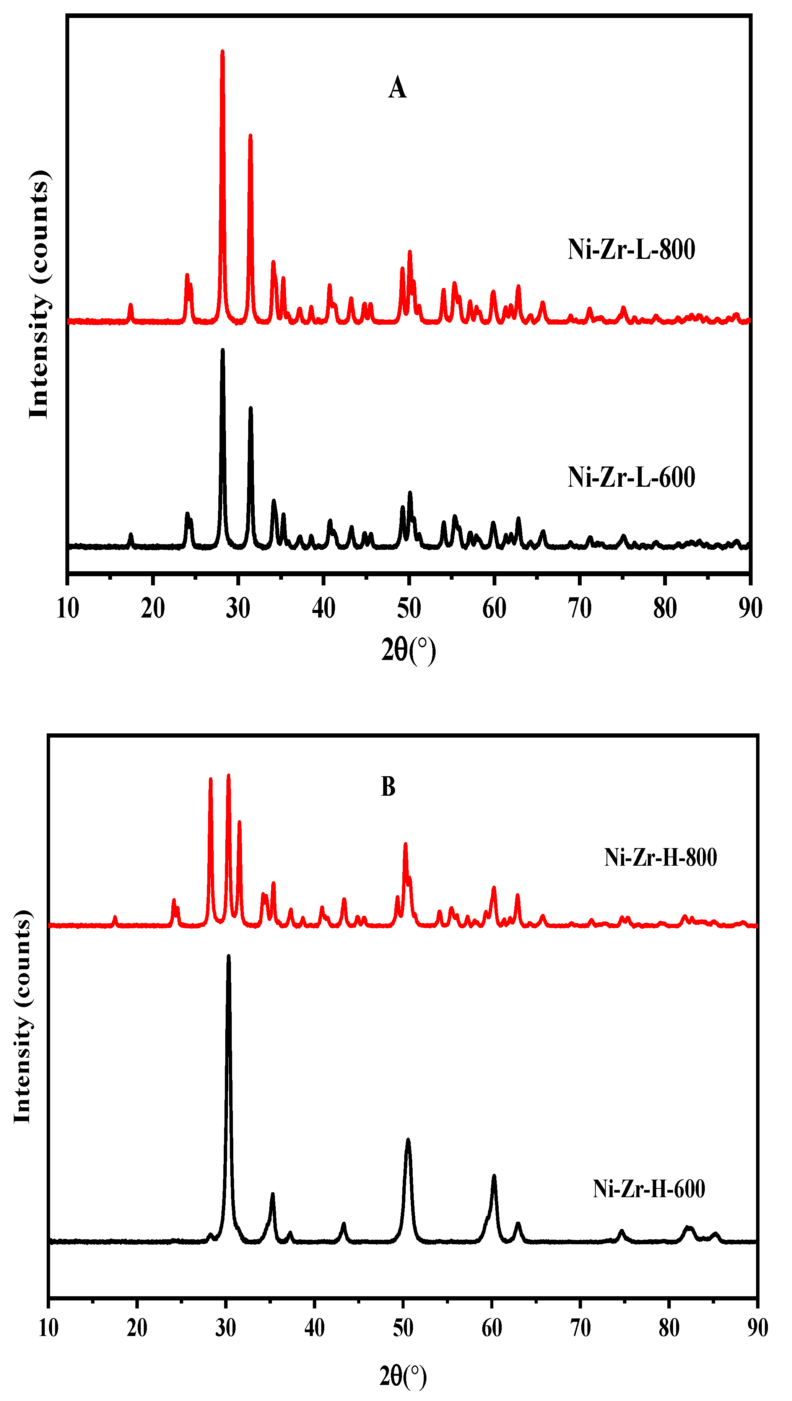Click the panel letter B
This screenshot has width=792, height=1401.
tap(388, 787)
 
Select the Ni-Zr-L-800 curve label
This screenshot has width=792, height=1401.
tap(631, 250)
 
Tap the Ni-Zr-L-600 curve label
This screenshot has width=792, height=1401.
tap(631, 478)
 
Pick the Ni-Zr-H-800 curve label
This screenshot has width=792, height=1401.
tap(660, 858)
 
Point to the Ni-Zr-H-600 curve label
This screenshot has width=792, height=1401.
tap(649, 1190)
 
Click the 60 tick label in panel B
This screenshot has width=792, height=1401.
tap(492, 1328)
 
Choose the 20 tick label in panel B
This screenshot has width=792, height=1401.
tap(137, 1328)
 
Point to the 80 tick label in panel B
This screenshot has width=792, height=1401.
tap(669, 1328)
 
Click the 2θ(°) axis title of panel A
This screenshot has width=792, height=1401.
tap(408, 650)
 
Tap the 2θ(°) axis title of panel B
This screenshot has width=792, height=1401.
tap(403, 1376)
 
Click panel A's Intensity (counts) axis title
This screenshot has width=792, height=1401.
tap(39, 294)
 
